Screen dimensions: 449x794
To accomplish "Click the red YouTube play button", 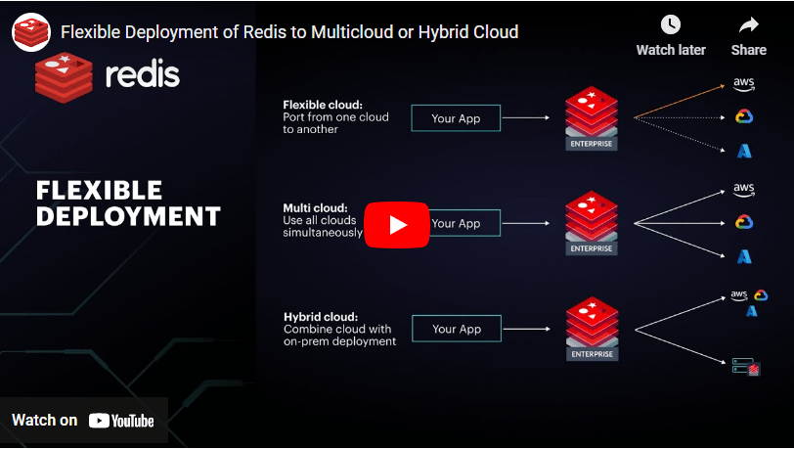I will (x=397, y=224).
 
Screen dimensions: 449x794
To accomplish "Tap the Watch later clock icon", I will (x=670, y=25).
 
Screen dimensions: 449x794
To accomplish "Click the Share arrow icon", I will (x=749, y=25).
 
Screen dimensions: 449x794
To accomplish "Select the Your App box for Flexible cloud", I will (x=456, y=118).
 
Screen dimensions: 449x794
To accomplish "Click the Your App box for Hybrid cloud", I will (x=456, y=330).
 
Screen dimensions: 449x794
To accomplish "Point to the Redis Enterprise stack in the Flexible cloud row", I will (x=591, y=117).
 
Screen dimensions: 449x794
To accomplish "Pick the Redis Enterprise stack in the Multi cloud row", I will (x=591, y=223).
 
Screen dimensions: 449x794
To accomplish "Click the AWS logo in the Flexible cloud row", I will (x=744, y=84).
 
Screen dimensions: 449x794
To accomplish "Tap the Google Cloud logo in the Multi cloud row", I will (x=744, y=222).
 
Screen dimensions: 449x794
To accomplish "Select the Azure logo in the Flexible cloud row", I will (x=744, y=151).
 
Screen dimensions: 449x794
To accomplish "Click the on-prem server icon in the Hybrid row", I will (x=746, y=367).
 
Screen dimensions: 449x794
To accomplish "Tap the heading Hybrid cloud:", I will (x=320, y=317).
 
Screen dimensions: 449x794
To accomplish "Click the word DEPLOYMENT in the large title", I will (x=128, y=216).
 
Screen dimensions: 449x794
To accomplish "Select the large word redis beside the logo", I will (x=142, y=74).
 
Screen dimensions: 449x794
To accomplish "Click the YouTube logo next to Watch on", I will (x=121, y=421).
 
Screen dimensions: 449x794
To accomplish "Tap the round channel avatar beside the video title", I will (x=31, y=32).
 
